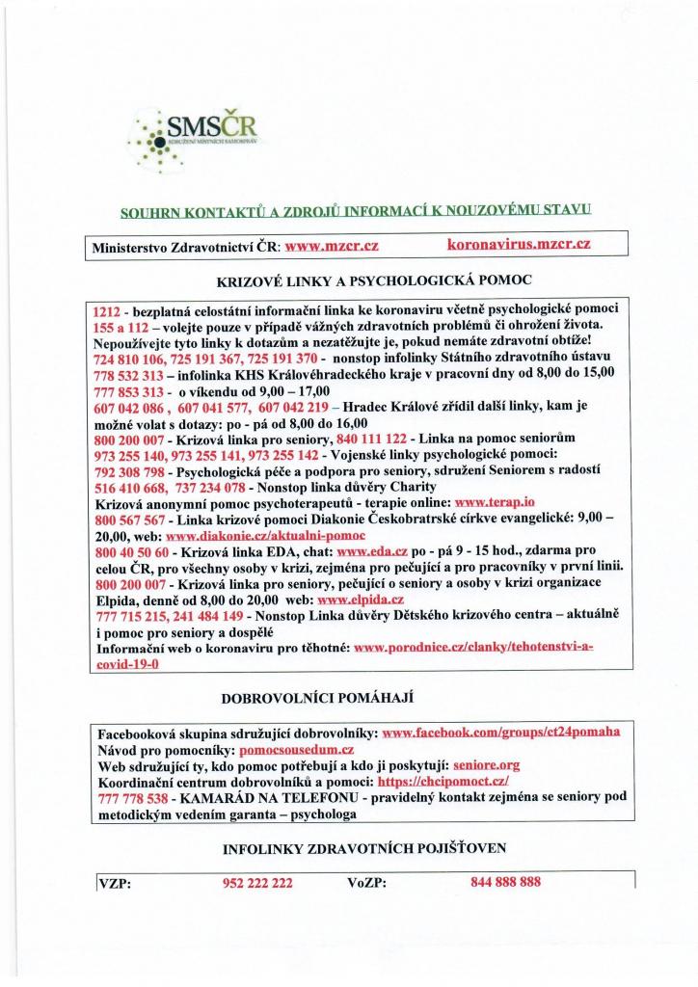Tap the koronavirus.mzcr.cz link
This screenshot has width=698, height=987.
(519, 246)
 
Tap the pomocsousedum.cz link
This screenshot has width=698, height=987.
(299, 748)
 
